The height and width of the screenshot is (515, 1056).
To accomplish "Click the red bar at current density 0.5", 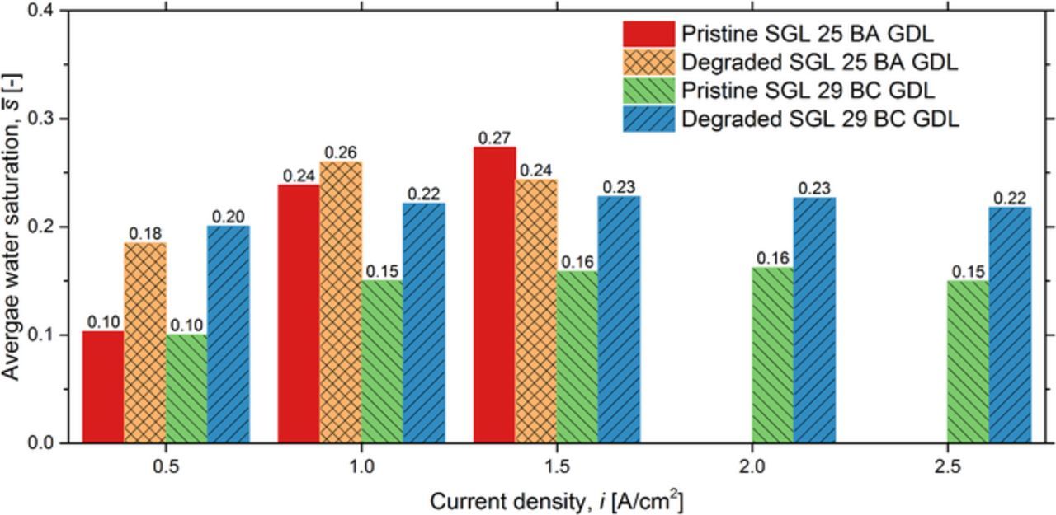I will [103, 386].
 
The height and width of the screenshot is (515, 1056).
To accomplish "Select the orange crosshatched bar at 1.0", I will [341, 302].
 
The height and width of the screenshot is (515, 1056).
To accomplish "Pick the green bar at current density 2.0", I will [773, 354].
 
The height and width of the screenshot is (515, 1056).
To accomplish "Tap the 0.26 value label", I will [341, 152].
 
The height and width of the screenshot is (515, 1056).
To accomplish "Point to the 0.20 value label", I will [229, 216].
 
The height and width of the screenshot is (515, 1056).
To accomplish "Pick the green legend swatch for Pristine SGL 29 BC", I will [648, 91].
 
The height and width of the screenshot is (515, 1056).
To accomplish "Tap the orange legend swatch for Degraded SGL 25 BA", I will [648, 63].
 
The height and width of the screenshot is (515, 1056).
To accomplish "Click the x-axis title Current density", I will [556, 500].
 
